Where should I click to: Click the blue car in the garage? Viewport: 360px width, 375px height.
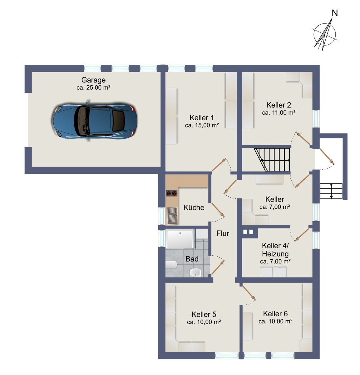tap(94, 121)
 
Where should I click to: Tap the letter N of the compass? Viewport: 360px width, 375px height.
tap(335, 13)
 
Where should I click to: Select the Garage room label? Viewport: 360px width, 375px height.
tap(93, 80)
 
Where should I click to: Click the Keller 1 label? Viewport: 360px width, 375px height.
tap(202, 117)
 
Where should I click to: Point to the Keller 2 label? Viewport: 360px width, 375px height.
tap(279, 105)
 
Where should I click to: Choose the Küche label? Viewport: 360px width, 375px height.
tap(194, 207)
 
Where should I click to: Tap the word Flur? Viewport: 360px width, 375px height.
tap(223, 233)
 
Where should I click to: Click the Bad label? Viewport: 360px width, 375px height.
tap(192, 259)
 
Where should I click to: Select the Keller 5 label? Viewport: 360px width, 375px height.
tap(204, 314)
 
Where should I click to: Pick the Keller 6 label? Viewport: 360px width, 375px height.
tap(275, 314)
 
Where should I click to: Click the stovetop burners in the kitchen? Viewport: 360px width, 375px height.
tap(171, 193)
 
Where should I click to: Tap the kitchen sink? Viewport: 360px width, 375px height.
tap(172, 216)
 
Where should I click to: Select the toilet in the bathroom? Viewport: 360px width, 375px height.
tap(171, 265)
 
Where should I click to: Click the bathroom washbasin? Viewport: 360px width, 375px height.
tap(195, 272)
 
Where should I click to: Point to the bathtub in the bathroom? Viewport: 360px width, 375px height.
tap(180, 239)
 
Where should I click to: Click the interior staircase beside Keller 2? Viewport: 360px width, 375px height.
tap(272, 160)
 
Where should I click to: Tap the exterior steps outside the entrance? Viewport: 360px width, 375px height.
tap(331, 191)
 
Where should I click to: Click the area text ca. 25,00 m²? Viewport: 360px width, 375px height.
tap(93, 88)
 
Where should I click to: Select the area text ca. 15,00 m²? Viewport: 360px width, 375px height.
tap(202, 125)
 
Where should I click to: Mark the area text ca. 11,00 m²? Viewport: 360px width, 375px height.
tap(279, 113)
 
